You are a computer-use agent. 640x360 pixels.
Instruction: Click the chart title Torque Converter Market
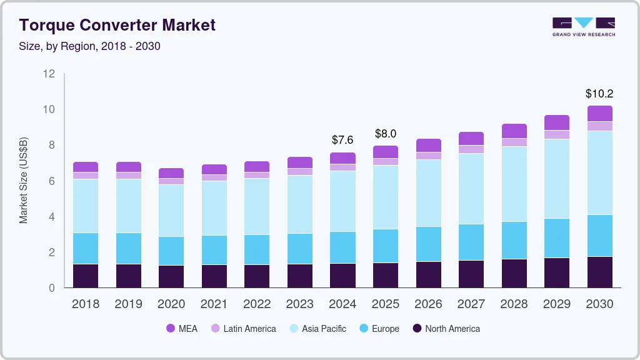117,25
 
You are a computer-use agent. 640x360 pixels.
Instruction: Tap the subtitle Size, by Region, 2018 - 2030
89,46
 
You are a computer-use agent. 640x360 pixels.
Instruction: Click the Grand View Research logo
583,26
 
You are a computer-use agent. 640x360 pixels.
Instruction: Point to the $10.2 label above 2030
599,94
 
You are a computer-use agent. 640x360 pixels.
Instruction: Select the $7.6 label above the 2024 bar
342,139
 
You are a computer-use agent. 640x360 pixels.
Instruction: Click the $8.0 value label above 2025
386,134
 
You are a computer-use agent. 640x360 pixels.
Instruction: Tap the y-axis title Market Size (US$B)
24,180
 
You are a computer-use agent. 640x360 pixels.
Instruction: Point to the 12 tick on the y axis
49,74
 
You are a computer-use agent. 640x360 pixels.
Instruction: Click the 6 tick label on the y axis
51,181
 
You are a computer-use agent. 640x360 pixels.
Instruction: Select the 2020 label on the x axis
171,304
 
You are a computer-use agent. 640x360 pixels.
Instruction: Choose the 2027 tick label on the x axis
471,304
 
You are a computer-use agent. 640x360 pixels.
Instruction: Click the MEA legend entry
182,328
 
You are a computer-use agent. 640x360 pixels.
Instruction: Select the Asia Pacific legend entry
317,328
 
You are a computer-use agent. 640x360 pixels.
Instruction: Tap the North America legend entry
446,328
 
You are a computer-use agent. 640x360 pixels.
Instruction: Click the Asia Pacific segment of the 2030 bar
600,172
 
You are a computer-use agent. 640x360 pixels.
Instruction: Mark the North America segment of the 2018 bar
86,276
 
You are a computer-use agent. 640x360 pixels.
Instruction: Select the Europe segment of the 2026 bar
428,244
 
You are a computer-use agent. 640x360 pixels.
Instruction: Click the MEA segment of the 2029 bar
557,122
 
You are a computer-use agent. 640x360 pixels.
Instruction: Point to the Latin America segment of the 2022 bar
257,175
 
